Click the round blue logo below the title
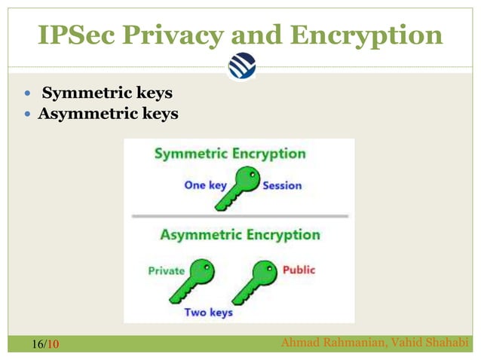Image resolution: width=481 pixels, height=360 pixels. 241,66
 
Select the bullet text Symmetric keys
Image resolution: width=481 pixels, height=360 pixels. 107,93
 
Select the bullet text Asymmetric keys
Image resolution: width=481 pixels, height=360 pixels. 109,114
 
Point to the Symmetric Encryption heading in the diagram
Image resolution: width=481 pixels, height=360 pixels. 230,154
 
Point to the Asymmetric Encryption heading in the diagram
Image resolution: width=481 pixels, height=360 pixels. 240,234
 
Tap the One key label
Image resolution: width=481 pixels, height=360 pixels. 205,185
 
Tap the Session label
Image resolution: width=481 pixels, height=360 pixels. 282,185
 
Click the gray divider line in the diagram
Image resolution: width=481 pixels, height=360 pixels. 240,215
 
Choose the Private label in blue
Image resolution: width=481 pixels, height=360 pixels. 166,270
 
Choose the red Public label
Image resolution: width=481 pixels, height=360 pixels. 299,270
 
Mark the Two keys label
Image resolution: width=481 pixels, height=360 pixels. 209,312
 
